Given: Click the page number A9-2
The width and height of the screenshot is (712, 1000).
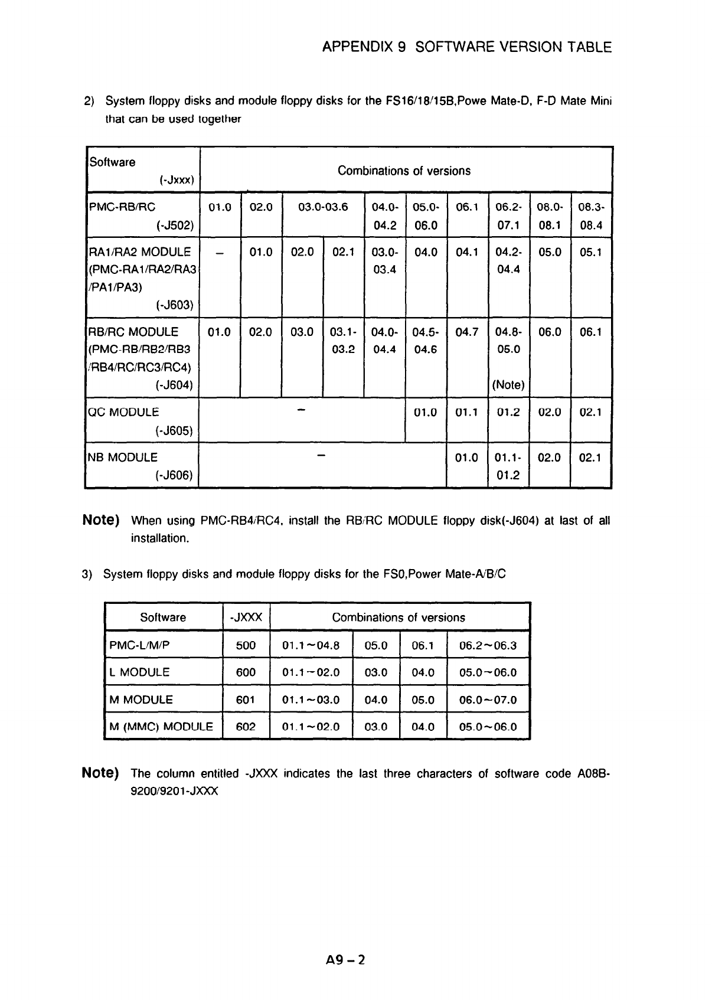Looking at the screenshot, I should coord(345,960).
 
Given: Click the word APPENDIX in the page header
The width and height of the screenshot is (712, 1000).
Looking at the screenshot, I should coord(358,47).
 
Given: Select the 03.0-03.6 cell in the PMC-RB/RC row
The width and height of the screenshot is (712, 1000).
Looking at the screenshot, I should coord(323,207).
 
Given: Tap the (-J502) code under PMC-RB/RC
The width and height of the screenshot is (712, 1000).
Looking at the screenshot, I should coord(176,226).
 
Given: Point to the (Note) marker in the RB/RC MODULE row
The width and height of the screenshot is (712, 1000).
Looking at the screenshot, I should coord(508,385).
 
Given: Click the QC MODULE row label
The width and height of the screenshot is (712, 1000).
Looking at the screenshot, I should coord(123,412).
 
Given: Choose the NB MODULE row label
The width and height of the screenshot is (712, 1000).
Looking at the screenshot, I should coord(123,457).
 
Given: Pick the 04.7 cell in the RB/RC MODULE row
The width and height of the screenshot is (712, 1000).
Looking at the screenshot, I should coord(467,332).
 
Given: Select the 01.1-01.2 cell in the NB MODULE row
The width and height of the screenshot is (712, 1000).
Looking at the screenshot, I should coord(508,466).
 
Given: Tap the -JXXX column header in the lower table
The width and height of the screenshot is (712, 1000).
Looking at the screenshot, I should coord(246,617).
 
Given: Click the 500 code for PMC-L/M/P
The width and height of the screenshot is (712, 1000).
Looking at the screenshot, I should coord(246,645).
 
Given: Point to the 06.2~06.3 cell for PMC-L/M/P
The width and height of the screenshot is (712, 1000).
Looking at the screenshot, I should coord(488,645).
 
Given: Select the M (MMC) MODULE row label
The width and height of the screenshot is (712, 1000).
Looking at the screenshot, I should coord(161,727).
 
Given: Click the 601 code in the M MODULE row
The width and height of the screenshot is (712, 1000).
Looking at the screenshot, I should coord(246,700).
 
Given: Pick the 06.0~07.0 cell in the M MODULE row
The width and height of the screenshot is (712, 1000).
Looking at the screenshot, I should coord(488,700).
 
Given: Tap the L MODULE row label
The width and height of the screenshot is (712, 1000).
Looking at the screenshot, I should coord(140,672).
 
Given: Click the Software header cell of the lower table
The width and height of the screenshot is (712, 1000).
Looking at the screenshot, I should coord(163,617).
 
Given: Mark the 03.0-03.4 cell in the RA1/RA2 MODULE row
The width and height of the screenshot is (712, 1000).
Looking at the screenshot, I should coord(385,261).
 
